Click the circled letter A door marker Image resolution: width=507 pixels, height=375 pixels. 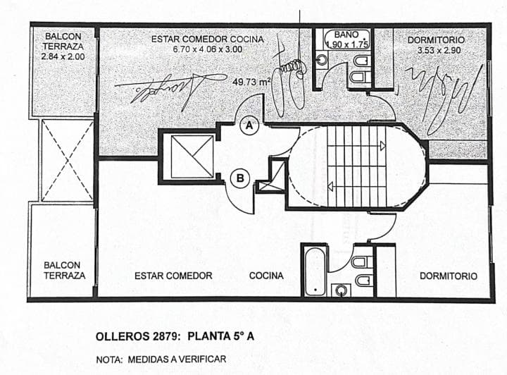[249, 126]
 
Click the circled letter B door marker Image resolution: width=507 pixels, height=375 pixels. [241, 179]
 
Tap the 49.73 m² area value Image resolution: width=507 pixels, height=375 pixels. [251, 82]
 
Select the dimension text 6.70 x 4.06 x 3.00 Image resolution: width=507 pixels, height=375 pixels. [207, 49]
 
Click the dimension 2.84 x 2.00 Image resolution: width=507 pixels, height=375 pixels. [62, 56]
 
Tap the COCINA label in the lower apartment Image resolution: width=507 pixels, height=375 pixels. [266, 276]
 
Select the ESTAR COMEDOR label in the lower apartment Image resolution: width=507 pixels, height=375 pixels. [173, 276]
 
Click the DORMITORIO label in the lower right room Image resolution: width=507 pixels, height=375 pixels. [448, 276]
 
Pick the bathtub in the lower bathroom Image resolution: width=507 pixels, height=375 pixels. [315, 271]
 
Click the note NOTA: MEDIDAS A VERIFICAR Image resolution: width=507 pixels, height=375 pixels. [161, 359]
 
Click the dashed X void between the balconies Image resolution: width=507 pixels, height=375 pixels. [66, 160]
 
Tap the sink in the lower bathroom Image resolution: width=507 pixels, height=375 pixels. [342, 289]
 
